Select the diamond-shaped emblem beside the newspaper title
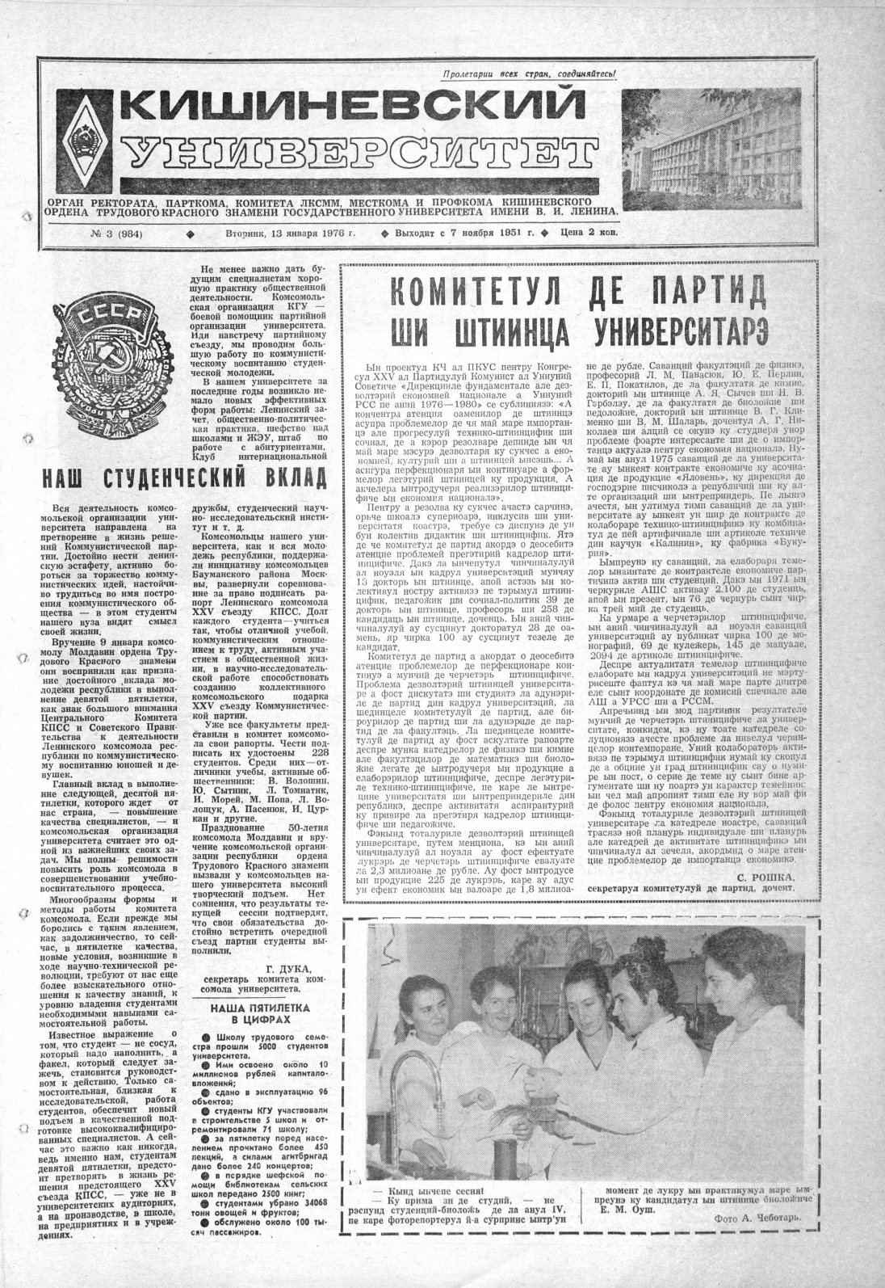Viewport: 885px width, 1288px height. (88, 137)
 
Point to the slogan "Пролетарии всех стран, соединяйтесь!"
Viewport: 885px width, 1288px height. (529, 74)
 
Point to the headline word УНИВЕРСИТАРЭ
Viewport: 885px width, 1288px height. (679, 330)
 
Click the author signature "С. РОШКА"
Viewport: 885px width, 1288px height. (765, 877)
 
